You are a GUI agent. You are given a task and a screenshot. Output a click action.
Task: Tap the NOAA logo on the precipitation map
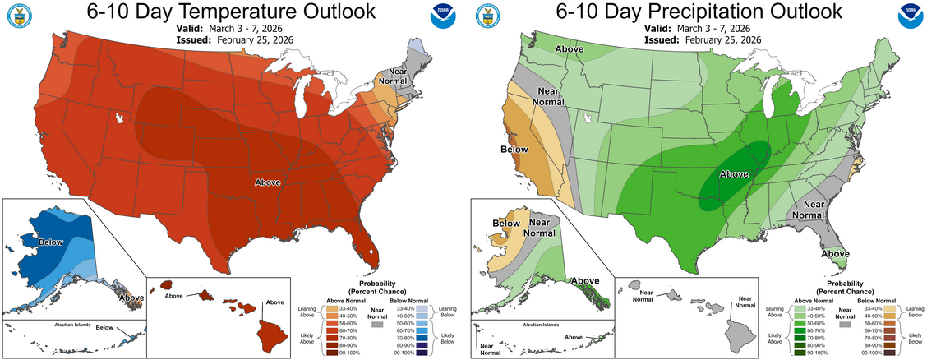pos(906,17)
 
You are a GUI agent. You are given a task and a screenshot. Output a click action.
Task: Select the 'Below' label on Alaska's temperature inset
pos(50,243)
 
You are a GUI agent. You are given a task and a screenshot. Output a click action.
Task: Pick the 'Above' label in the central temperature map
pos(269,182)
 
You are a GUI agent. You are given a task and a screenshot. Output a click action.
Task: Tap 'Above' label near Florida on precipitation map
pos(836,254)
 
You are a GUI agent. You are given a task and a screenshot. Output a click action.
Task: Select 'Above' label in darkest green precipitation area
pos(734,174)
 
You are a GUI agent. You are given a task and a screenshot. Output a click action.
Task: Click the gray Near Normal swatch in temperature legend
pos(377,325)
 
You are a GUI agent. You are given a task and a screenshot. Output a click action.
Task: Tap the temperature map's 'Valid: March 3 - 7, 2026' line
pos(237,27)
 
